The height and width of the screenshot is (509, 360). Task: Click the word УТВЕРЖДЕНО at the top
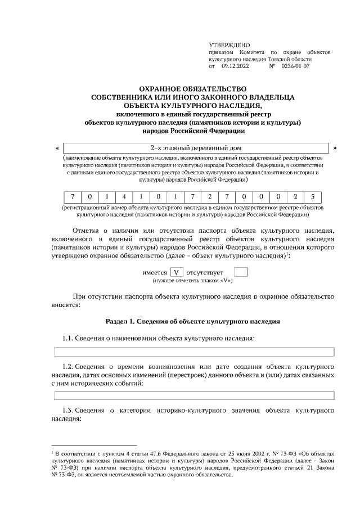tap(229, 44)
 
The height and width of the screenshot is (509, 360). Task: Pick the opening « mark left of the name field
tap(58, 148)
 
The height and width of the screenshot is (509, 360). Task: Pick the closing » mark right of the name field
tap(335, 148)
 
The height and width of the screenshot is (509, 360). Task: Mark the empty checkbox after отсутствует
tap(241, 272)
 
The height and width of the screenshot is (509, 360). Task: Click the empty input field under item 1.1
tap(194, 352)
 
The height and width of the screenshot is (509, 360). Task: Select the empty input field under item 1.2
tap(194, 395)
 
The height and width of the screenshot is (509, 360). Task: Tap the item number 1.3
tap(67, 410)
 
